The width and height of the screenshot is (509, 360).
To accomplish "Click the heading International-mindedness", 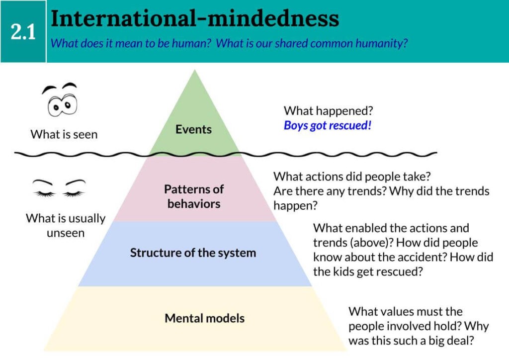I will coord(195,18).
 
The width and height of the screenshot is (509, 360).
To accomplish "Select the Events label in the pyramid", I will coord(193,129).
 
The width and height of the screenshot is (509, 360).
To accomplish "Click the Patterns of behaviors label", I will coord(194,196).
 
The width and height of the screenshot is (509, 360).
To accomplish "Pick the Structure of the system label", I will coord(193,253).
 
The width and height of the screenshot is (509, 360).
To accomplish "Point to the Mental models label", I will coord(204,318).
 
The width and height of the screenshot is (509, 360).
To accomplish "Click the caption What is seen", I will coord(64,134).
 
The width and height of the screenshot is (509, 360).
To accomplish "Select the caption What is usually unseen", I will coord(66,225).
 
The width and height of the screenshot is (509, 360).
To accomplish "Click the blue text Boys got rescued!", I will coord(328,125).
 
